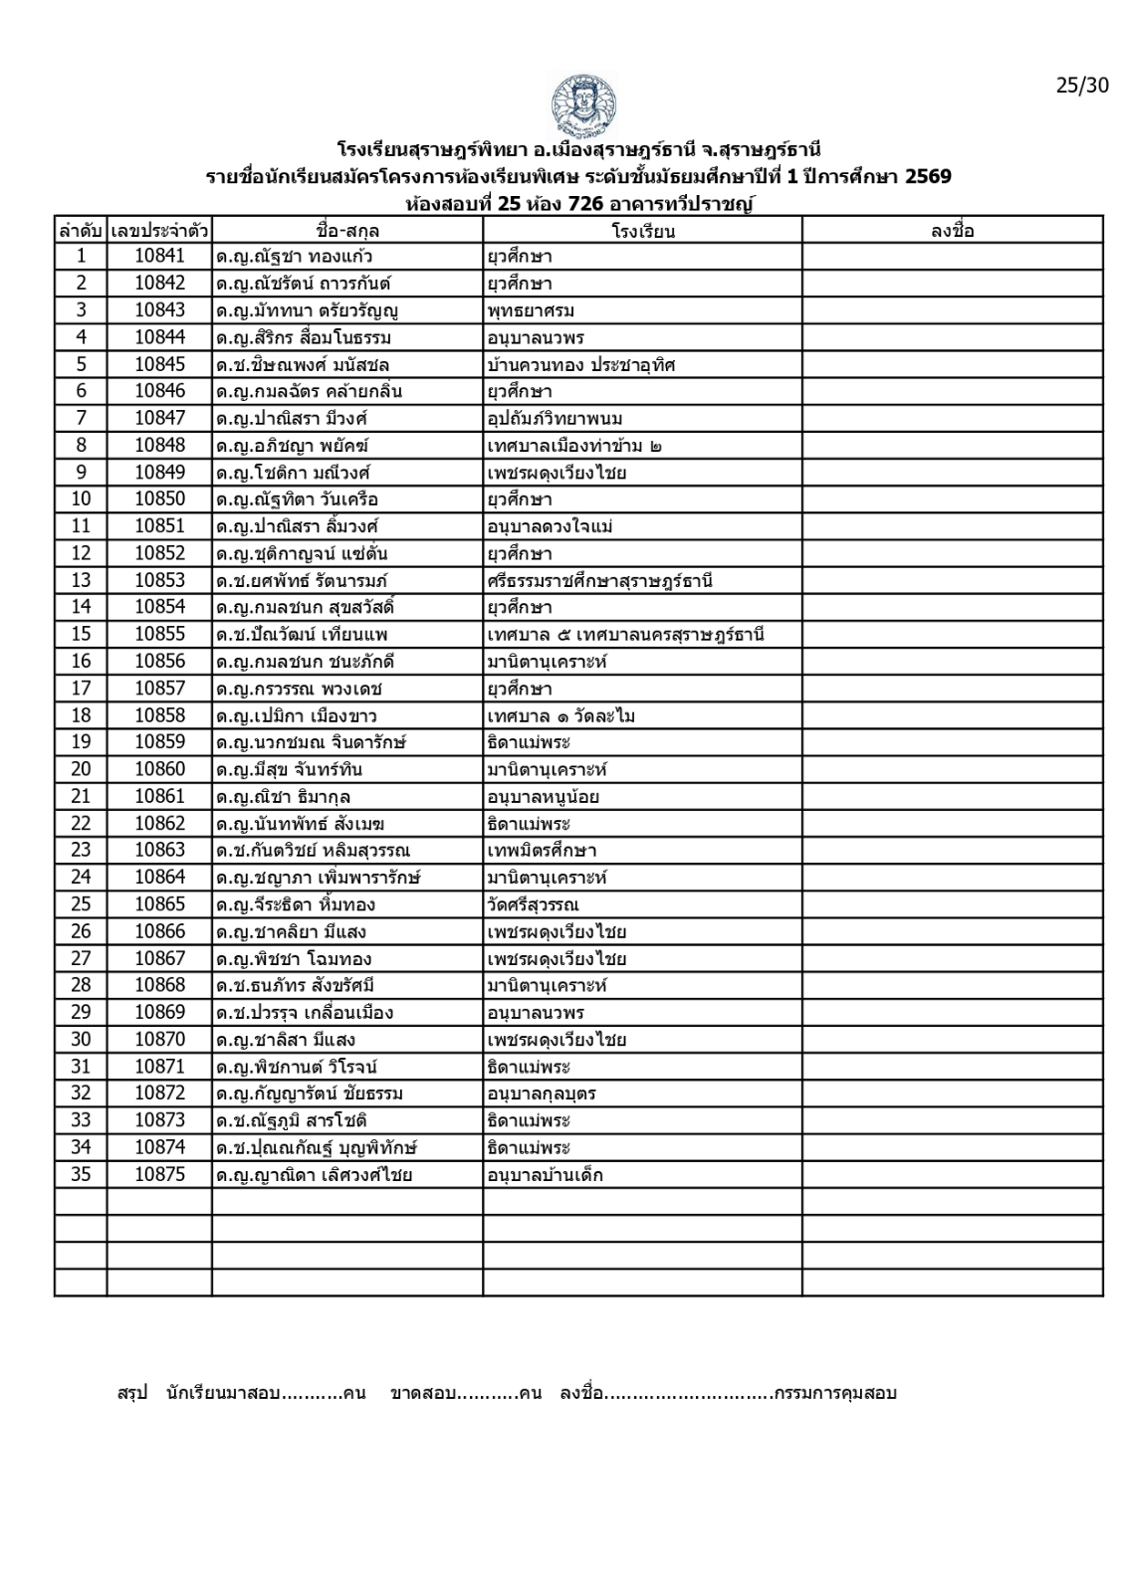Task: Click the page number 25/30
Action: point(1081,86)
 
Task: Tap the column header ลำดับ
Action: point(81,231)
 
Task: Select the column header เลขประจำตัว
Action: point(159,231)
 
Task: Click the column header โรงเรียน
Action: point(642,231)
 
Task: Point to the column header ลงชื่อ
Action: point(952,231)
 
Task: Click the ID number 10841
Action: point(159,256)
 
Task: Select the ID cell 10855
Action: point(159,635)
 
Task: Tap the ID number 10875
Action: point(159,1175)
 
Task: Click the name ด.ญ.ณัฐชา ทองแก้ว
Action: point(294,257)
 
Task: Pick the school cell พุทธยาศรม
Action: point(531,310)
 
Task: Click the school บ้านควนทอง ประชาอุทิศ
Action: point(580,364)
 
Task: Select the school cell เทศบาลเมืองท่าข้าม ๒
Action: point(574,446)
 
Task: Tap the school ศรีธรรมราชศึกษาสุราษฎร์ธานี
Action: point(599,581)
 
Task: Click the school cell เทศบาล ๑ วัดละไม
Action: point(561,716)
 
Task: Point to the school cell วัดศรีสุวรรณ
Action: point(533,905)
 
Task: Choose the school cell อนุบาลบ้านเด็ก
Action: point(545,1175)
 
